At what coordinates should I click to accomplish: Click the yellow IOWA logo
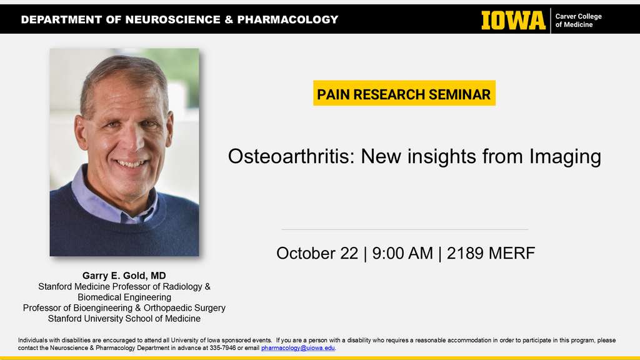coord(514,20)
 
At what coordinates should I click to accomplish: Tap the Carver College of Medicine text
coord(578,21)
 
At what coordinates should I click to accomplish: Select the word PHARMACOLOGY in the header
coord(287,19)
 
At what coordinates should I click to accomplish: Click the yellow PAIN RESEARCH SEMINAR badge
coord(404,94)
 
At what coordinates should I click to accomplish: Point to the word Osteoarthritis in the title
coord(291,156)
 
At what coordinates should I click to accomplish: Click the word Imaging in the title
coord(565,157)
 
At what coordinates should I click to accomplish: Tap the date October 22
coord(317,253)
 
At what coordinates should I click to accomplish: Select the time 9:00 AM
coord(402,253)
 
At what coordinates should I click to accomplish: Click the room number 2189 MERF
coord(491,253)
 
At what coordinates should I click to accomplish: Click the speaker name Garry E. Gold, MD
coord(124,276)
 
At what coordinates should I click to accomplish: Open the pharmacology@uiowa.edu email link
coord(298,348)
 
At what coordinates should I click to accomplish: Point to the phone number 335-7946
coord(223,348)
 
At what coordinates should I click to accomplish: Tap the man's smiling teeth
coord(130,164)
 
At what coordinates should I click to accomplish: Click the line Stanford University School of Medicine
coord(124,318)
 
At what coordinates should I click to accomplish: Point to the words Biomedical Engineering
coord(124,297)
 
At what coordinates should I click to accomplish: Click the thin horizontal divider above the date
coord(405,229)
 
